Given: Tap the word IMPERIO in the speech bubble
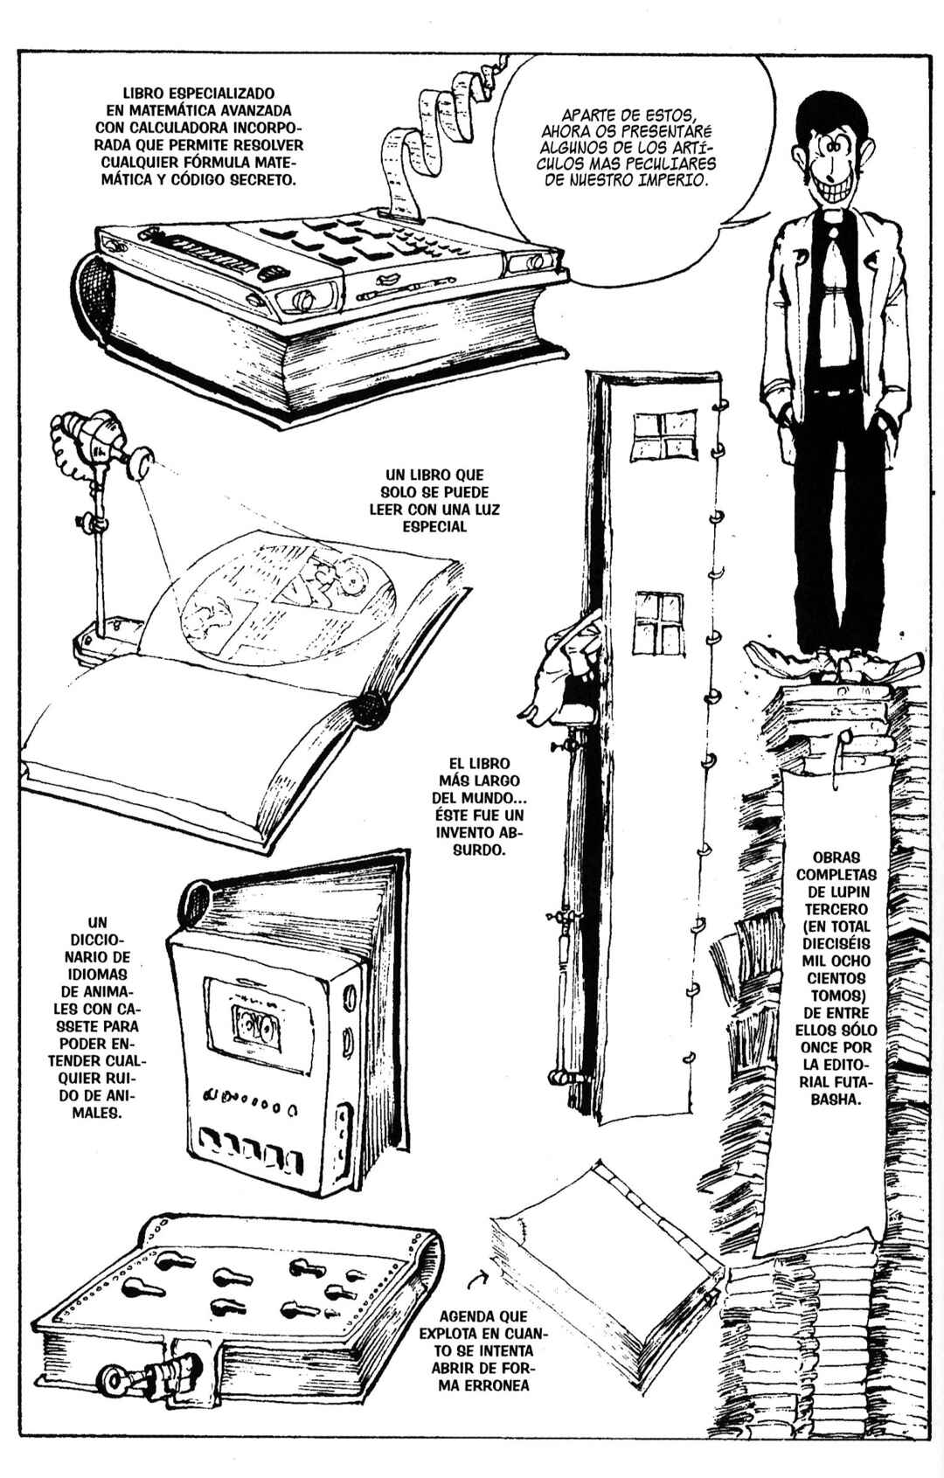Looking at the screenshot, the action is (672, 179).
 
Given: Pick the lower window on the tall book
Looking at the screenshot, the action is (657, 621).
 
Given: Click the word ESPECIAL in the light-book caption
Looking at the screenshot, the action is (434, 526).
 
